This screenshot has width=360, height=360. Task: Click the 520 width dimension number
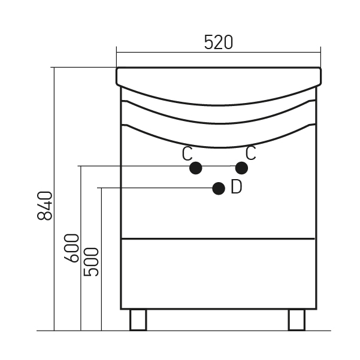coord(219,43)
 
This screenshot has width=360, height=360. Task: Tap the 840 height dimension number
coord(45,205)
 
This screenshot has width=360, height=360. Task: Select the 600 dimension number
coord(72,248)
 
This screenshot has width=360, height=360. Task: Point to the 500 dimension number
coord(91,262)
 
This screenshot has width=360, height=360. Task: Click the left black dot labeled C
coord(196,168)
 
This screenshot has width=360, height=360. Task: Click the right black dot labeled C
coord(241,168)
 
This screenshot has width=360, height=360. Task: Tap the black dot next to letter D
coord(219,189)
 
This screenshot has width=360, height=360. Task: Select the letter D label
coord(236,187)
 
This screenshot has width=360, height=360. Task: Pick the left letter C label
coord(187,154)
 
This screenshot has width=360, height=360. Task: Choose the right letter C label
coord(250,153)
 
